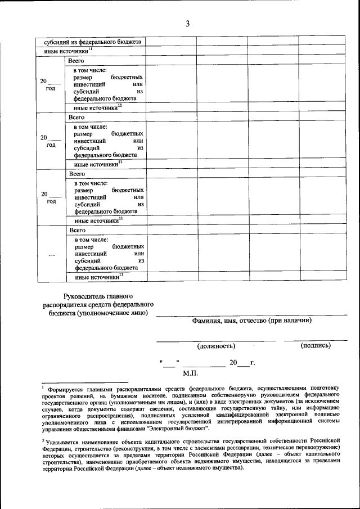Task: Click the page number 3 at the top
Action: tap(188, 23)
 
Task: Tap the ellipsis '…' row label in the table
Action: tap(51, 254)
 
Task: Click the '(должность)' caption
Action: tap(216, 346)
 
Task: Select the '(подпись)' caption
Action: tap(316, 345)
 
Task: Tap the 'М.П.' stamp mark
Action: tap(191, 372)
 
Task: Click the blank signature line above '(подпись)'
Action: tap(315, 340)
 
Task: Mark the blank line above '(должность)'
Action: tap(216, 340)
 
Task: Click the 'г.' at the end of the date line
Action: tap(253, 362)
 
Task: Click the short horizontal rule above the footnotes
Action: tap(85, 381)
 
